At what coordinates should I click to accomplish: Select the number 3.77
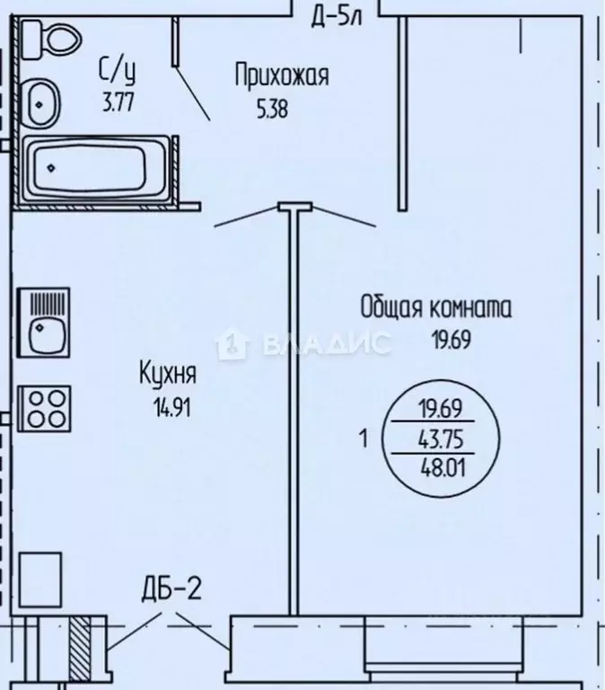point(118,102)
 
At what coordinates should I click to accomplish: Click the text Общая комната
point(436,308)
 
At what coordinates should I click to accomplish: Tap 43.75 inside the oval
point(439,440)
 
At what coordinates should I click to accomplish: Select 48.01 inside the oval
point(439,468)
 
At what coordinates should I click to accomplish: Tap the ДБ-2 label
point(171,589)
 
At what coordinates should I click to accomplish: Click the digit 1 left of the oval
point(364,439)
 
